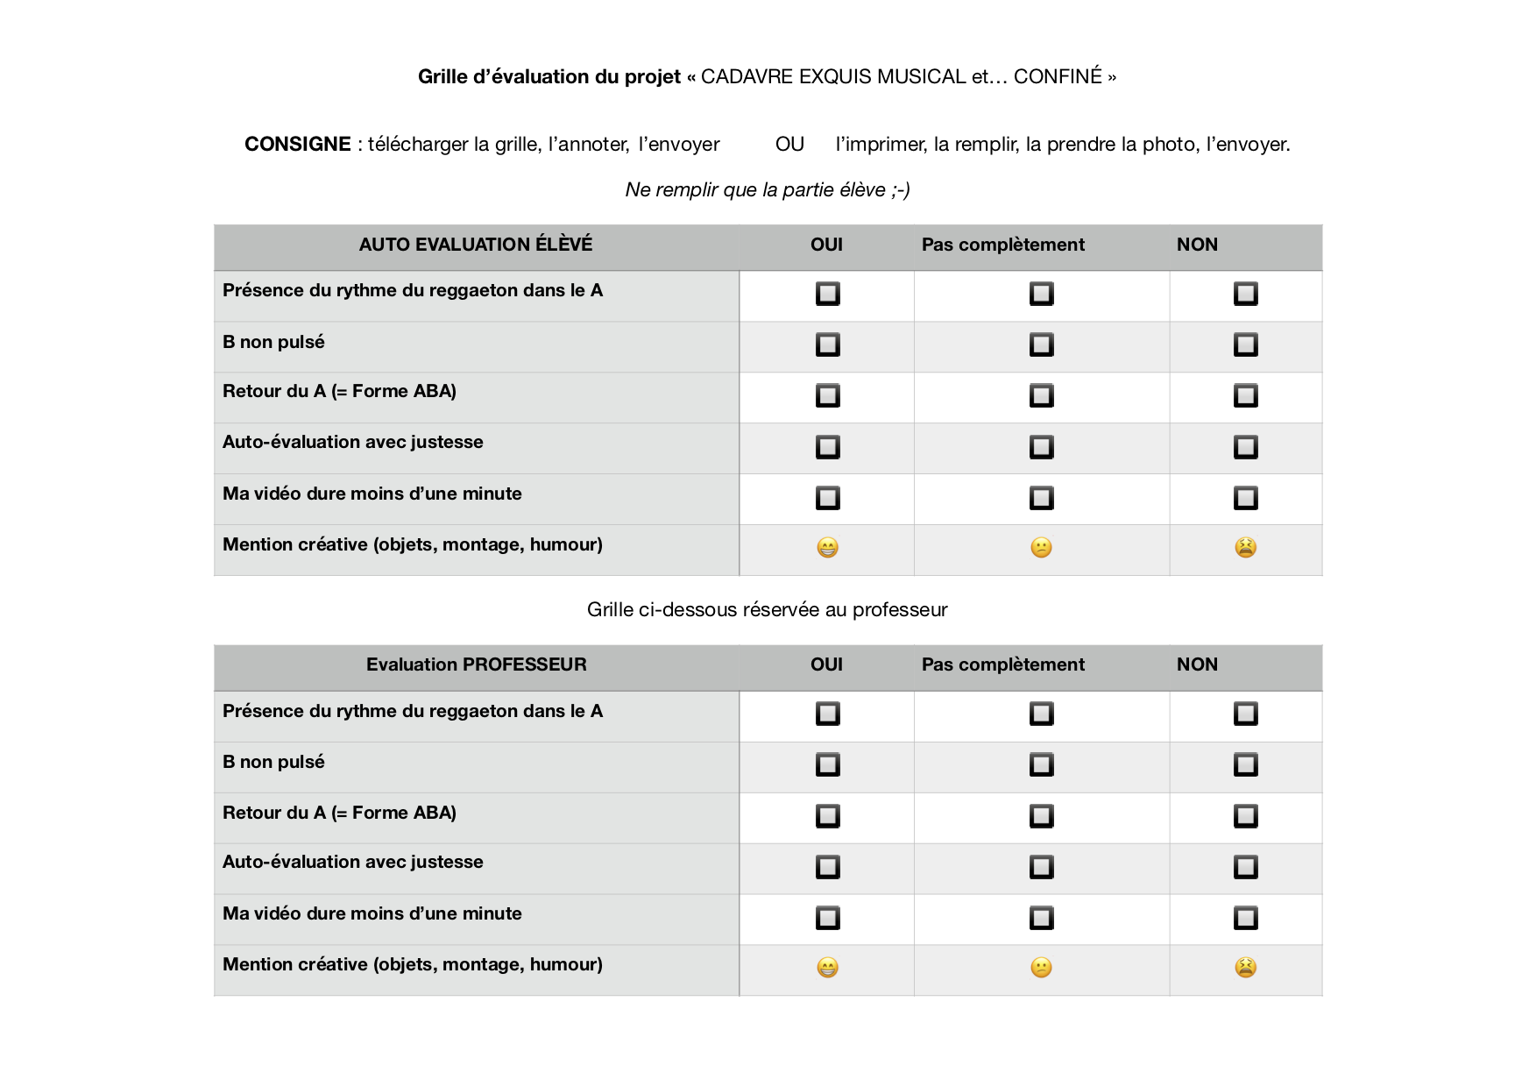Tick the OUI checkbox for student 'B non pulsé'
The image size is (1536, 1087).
tap(827, 345)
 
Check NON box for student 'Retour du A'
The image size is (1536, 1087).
tap(1245, 395)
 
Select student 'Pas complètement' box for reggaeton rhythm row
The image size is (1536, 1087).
tap(1041, 294)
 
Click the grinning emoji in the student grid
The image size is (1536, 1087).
tap(827, 548)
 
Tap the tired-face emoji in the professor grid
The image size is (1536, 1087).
tap(1245, 968)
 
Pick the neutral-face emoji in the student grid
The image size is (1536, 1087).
tap(1041, 548)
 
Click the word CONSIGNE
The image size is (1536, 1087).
tap(297, 144)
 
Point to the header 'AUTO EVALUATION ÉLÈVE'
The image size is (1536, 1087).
tap(475, 245)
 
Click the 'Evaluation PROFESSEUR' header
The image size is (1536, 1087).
tap(476, 664)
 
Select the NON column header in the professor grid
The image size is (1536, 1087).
tap(1197, 664)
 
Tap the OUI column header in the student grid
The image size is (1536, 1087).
tap(826, 245)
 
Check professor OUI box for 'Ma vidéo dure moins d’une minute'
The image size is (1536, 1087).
tap(827, 918)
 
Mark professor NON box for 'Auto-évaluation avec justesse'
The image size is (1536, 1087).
tap(1245, 867)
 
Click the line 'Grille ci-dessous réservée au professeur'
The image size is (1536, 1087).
tap(767, 609)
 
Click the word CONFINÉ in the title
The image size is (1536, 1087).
tap(1058, 76)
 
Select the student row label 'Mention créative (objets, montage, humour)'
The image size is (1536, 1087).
tap(412, 544)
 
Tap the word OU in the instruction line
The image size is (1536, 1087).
tap(789, 144)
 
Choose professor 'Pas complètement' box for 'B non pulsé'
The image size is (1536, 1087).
tap(1041, 764)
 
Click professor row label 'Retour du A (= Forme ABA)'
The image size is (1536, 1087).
tap(339, 813)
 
